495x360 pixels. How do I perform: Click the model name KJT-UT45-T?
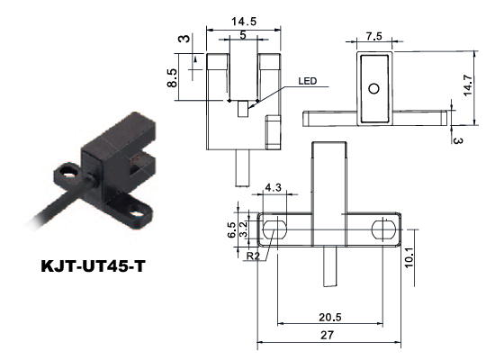click(93, 266)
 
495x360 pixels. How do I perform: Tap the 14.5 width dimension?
click(244, 22)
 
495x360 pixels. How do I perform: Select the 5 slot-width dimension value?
click(243, 35)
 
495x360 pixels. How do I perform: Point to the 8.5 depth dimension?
click(173, 78)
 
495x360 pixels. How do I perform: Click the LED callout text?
click(308, 81)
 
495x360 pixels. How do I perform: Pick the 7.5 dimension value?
click(374, 36)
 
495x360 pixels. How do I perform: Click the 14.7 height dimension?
click(467, 85)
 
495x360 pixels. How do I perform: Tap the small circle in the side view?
click(374, 89)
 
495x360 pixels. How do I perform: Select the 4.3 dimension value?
click(273, 187)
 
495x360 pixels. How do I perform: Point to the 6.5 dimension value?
click(231, 229)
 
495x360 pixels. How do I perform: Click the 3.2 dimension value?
click(243, 229)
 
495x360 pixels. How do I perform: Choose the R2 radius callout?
click(253, 256)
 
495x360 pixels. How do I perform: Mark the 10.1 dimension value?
click(409, 257)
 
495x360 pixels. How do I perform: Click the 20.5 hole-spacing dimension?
click(330, 317)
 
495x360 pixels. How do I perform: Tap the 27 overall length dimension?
click(327, 335)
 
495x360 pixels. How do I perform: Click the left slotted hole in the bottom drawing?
click(274, 229)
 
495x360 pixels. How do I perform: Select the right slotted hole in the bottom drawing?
click(382, 229)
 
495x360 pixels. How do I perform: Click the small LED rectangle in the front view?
click(243, 109)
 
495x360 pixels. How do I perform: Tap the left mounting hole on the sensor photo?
click(67, 171)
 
